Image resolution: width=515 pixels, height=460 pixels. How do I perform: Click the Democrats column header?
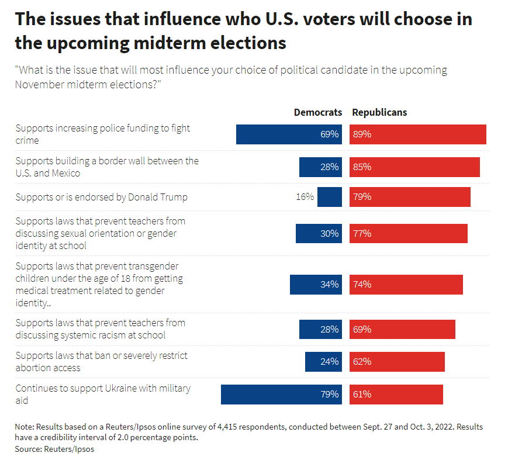[x=317, y=112]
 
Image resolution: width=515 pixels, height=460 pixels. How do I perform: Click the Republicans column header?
[x=379, y=112]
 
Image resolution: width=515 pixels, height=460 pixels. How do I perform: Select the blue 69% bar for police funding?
[x=289, y=134]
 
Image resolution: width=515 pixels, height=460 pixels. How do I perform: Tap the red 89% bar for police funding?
[x=418, y=134]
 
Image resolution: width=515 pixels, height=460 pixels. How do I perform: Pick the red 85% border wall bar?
[x=414, y=167]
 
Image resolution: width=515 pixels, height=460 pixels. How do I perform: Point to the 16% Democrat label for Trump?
[x=305, y=197]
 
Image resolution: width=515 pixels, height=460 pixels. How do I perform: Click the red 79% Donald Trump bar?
[x=410, y=197]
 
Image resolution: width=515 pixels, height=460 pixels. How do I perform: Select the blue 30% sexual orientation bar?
[x=319, y=233]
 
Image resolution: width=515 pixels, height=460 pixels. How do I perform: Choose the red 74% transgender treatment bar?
[x=406, y=285]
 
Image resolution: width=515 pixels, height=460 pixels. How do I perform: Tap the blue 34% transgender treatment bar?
[x=316, y=285]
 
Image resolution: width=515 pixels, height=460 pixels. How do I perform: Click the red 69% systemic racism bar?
[x=402, y=329]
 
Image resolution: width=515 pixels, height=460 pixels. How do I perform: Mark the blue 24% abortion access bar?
[x=323, y=362]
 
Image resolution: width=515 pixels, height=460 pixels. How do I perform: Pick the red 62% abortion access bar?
[x=397, y=362]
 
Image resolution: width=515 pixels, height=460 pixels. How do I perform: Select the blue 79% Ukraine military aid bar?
[x=281, y=395]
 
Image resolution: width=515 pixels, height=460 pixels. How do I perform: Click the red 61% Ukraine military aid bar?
[x=396, y=395]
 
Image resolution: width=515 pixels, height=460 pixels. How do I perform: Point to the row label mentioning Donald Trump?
[x=101, y=197]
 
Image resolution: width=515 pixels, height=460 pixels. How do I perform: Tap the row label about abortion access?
[x=102, y=362]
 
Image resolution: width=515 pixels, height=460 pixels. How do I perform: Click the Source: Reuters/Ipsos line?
[x=54, y=449]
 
